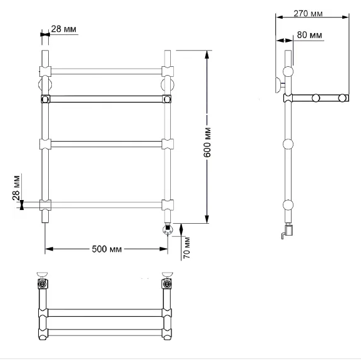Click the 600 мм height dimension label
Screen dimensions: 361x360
[x=207, y=142]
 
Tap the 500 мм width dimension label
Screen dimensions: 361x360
[x=107, y=249]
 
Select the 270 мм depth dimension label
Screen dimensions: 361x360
[x=308, y=14]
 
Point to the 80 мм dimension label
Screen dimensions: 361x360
[x=310, y=35]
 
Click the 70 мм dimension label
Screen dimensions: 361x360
[x=187, y=247]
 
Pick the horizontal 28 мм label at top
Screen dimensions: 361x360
[x=64, y=29]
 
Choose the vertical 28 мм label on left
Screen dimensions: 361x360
[x=16, y=188]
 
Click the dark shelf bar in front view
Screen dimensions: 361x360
[x=106, y=99]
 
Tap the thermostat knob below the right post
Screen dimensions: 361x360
[x=168, y=230]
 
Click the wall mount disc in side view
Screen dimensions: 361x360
[x=278, y=85]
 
